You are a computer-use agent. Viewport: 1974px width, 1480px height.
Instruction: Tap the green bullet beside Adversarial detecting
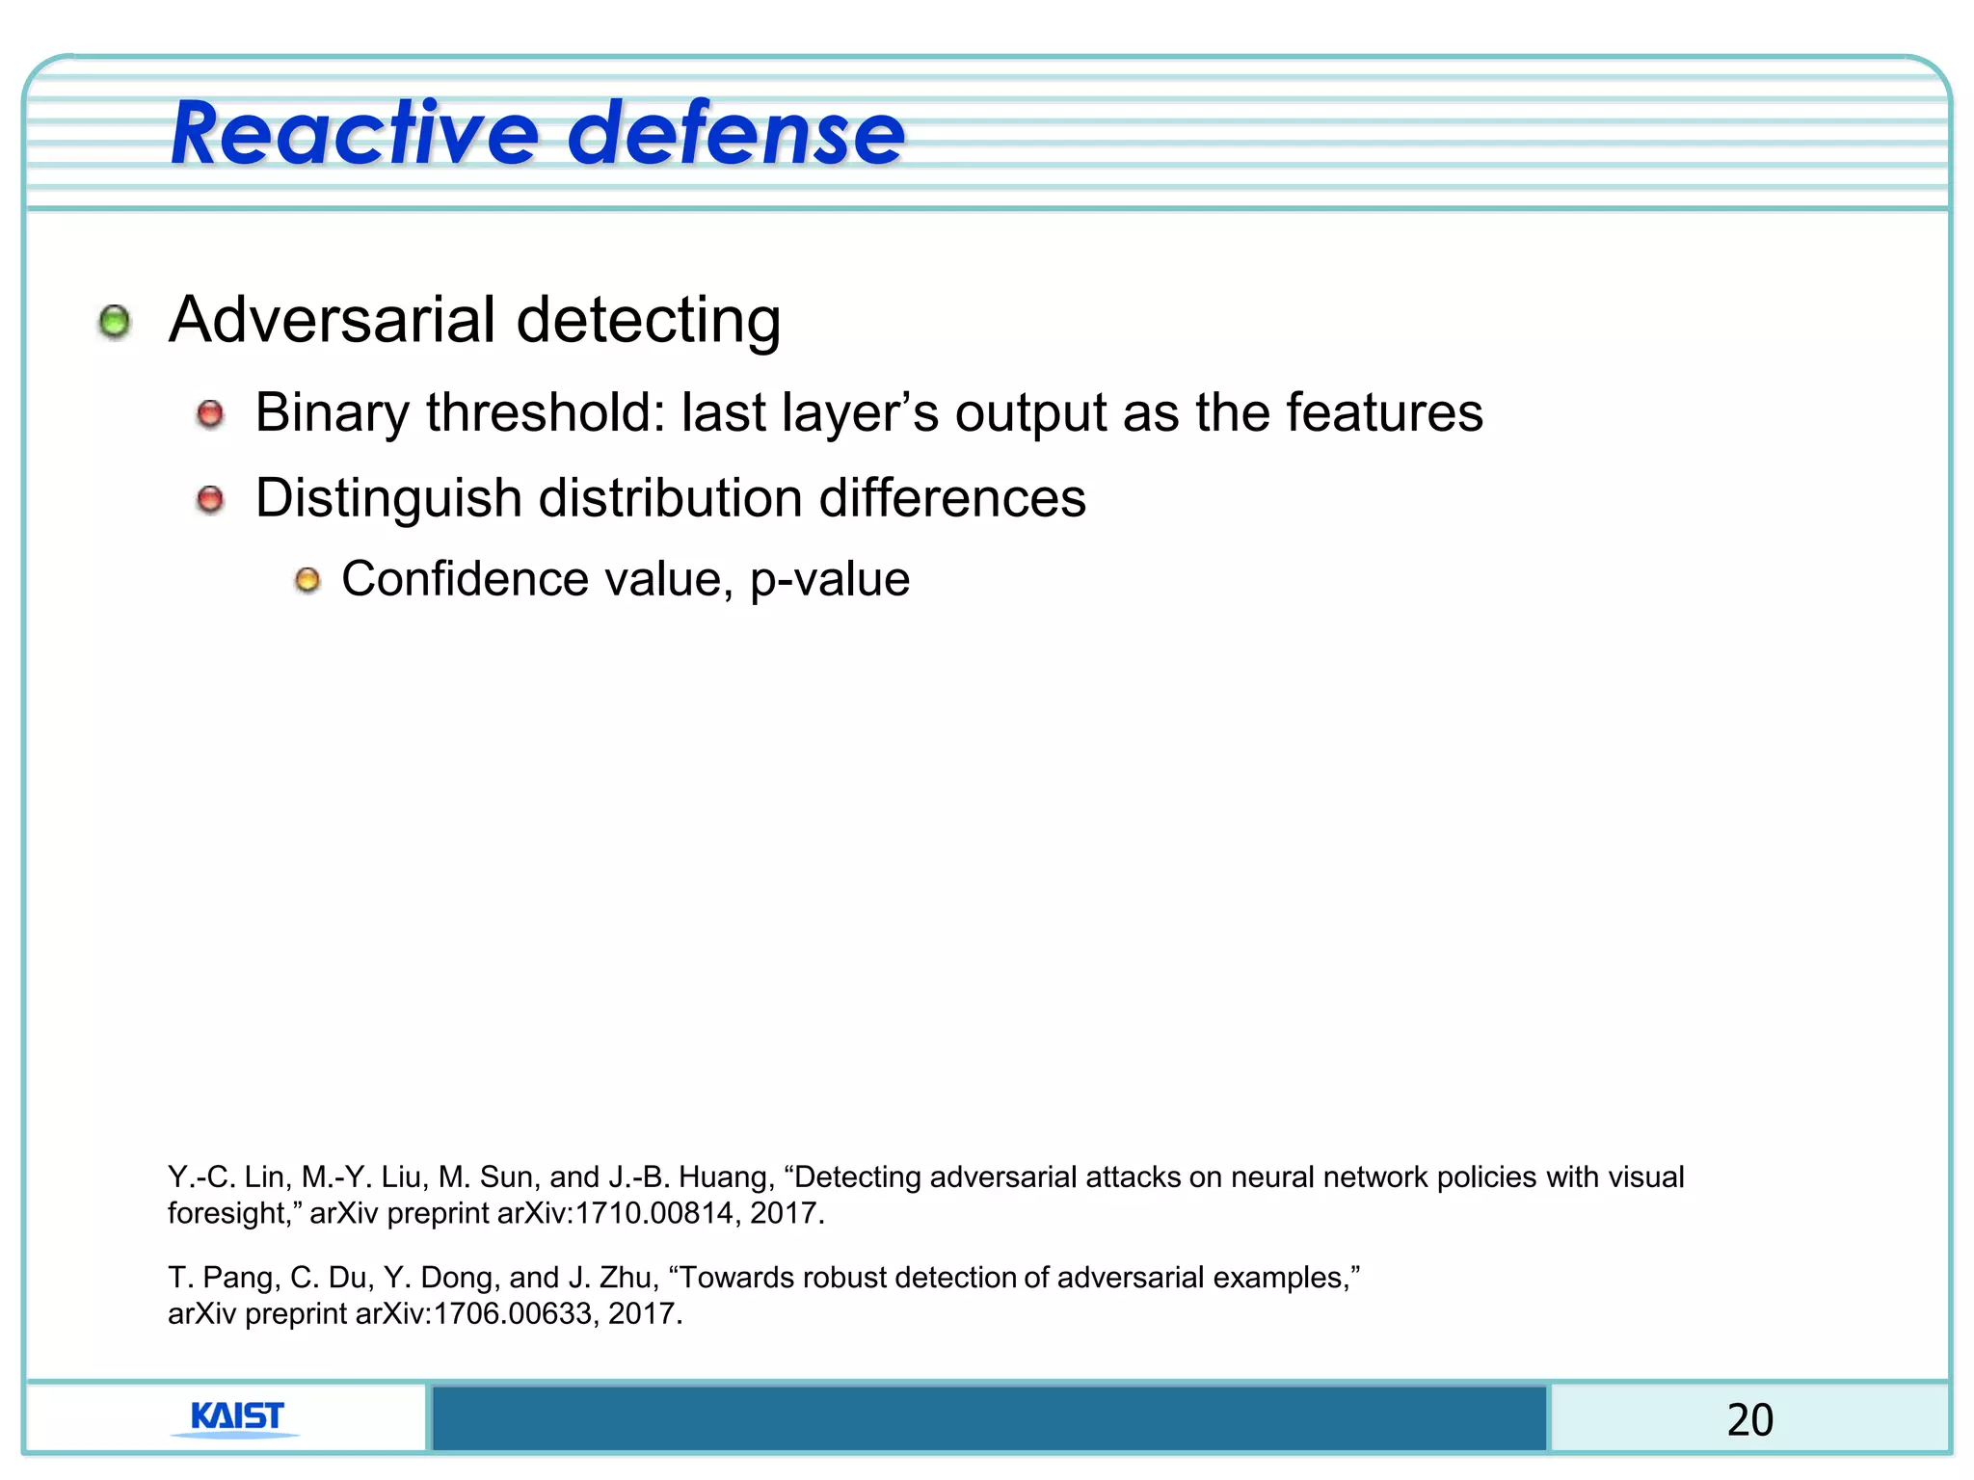click(115, 322)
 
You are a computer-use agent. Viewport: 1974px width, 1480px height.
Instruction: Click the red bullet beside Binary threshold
click(210, 415)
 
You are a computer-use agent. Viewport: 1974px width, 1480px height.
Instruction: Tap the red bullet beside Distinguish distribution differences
click(210, 500)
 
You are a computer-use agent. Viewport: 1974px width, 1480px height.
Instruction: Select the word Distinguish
click(388, 499)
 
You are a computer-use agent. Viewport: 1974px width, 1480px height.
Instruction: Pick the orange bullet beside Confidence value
click(307, 580)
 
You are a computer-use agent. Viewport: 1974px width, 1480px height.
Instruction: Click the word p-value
click(830, 580)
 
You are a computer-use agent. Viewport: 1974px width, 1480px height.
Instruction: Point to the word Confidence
click(465, 579)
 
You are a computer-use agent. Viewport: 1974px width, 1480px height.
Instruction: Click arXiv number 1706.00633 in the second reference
click(512, 1313)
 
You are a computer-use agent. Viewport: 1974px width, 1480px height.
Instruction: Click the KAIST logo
click(237, 1418)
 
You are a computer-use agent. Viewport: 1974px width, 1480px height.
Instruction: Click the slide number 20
click(1749, 1419)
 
